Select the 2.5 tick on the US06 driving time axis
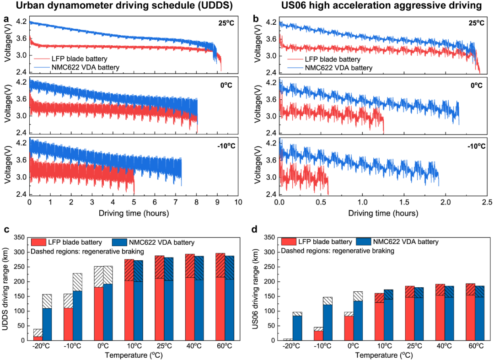coord(487,202)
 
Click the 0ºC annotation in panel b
coord(476,85)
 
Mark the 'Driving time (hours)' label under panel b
coord(382,213)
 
